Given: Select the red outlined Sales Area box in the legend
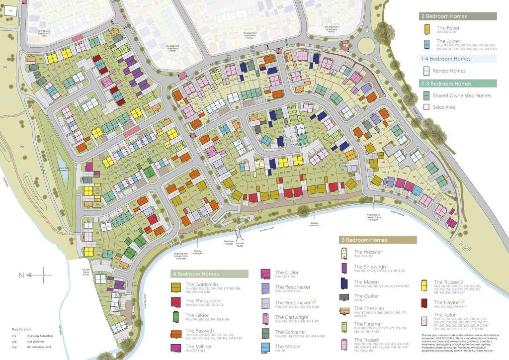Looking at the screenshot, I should [426, 107].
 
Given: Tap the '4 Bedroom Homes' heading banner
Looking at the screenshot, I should [209, 274].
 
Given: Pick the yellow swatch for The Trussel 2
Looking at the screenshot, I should [425, 284].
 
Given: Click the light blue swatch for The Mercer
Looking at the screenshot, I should [265, 347].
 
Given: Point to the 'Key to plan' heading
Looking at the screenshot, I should [22, 330].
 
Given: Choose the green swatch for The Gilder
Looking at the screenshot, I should [175, 316].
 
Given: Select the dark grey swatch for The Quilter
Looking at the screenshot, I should [344, 297].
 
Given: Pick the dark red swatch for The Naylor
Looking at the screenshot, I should [425, 303].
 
